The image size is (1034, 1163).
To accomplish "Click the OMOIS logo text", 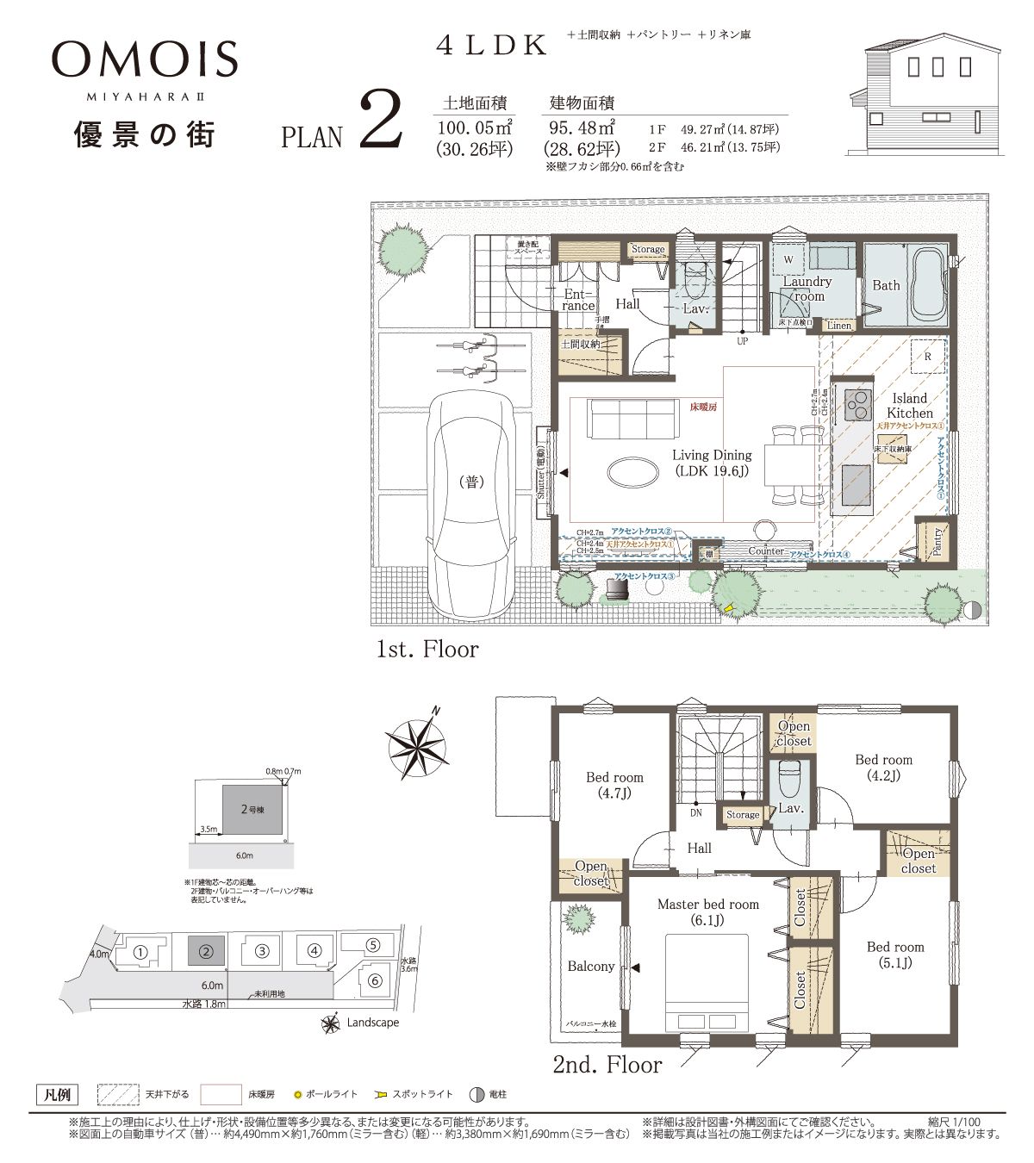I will (145, 59).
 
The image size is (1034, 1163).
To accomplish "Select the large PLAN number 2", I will (379, 121).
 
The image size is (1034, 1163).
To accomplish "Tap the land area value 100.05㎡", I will (475, 128).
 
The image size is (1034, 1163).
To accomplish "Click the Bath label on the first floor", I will (886, 285).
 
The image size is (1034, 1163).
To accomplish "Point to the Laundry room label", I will (807, 289).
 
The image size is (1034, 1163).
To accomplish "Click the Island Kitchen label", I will (910, 406).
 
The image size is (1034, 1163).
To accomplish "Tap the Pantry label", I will (937, 542).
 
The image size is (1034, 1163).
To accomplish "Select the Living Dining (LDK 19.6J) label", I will (712, 463).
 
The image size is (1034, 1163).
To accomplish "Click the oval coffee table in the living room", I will (633, 471).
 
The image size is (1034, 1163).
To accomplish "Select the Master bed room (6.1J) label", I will (708, 911).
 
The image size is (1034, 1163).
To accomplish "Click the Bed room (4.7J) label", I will (614, 785).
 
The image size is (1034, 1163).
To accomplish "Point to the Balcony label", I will (591, 967).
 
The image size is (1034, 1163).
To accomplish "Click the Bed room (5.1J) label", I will (895, 955).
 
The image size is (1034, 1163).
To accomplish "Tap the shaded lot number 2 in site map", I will (206, 952).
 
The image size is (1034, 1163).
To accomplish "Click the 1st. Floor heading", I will (427, 650).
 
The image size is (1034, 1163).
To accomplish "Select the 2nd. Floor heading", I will (607, 1065).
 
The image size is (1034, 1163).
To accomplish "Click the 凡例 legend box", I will (57, 1095).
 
